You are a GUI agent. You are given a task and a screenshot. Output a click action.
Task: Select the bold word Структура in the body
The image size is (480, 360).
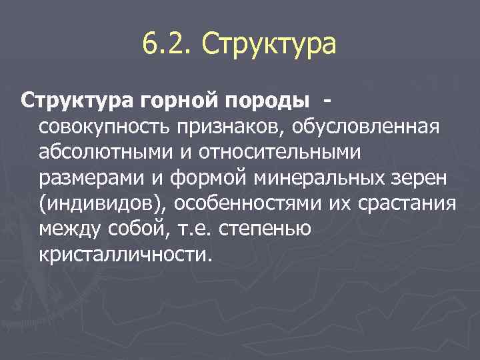click(78, 101)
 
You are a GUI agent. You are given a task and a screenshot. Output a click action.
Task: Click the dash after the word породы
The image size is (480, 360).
click(327, 101)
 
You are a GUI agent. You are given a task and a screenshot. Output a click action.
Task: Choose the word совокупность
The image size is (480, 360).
click(106, 127)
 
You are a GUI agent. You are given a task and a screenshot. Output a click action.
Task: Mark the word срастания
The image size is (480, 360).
click(409, 204)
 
